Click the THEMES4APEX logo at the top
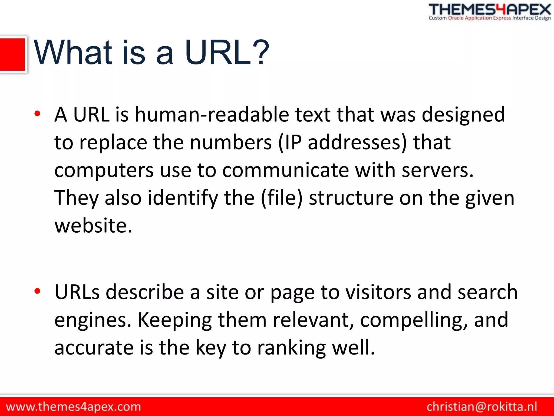(x=490, y=12)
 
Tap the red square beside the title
(x=12, y=54)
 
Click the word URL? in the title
(x=227, y=53)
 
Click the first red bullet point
(x=37, y=113)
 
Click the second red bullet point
(x=37, y=291)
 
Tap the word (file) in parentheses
(x=282, y=198)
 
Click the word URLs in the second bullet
(x=77, y=292)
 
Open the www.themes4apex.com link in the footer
(x=73, y=407)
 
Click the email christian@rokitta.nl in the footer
(x=482, y=407)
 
